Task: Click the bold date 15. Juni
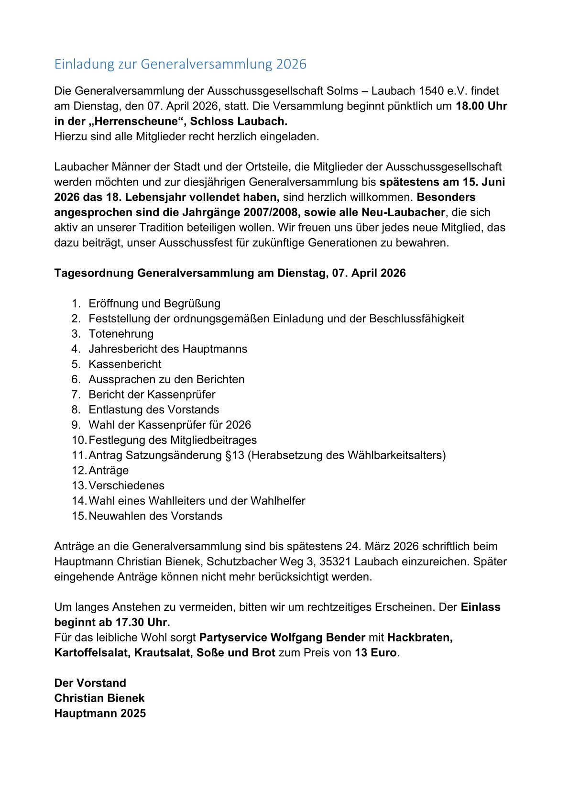pos(484,182)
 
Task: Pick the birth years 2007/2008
pos(270,212)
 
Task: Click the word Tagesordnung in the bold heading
pos(94,273)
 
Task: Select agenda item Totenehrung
pos(121,334)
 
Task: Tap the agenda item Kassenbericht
pos(125,364)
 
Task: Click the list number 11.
pos(78,455)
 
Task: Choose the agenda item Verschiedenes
pos(126,485)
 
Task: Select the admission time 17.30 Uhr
pos(142,622)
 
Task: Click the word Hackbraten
pos(420,638)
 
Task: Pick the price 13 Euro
pos(376,653)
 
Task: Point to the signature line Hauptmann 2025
pos(100,714)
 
